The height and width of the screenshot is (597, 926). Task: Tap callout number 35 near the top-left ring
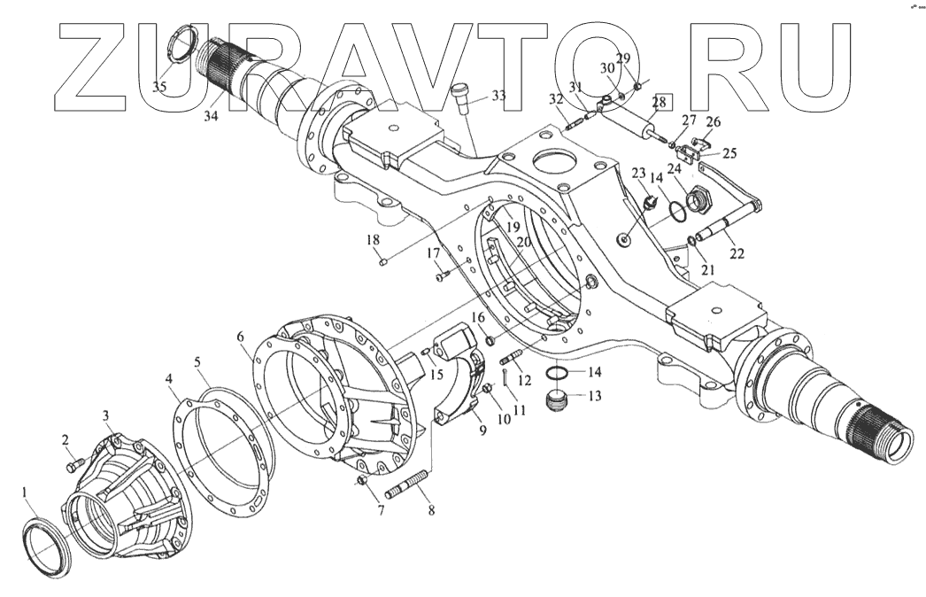pos(159,87)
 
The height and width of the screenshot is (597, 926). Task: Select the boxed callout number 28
pos(660,104)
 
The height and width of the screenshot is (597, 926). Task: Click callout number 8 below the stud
pos(431,509)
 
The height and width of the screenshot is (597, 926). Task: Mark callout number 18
pos(372,240)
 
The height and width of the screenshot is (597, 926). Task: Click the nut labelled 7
pos(359,481)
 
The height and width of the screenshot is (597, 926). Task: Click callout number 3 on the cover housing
pos(105,415)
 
